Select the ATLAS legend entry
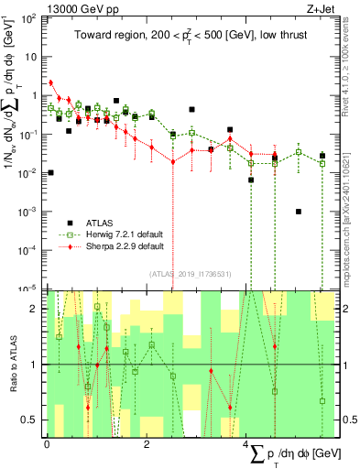pos(99,223)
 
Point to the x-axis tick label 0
pos(47,443)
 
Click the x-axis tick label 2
pos(147,443)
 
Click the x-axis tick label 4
pos(247,443)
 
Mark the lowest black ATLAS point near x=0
pos(51,172)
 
